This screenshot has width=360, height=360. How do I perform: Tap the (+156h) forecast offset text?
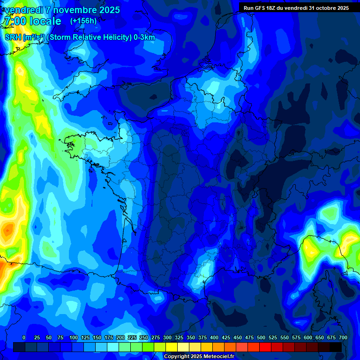[83, 21]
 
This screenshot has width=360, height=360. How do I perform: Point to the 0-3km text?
[143, 37]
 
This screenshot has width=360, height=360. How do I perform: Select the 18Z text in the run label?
[276, 8]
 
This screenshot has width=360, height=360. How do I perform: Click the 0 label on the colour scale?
[24, 337]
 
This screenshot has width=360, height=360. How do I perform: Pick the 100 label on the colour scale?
[73, 337]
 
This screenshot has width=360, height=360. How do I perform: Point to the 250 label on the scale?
[144, 337]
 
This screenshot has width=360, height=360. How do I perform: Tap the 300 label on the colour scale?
[167, 337]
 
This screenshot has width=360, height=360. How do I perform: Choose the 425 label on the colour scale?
[226, 337]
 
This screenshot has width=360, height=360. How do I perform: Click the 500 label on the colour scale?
[261, 337]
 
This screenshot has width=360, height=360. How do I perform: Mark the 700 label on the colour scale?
[343, 337]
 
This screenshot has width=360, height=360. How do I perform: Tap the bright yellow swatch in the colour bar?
[172, 347]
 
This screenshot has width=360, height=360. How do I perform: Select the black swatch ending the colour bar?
[336, 347]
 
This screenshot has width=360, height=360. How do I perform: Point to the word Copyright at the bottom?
[177, 357]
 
